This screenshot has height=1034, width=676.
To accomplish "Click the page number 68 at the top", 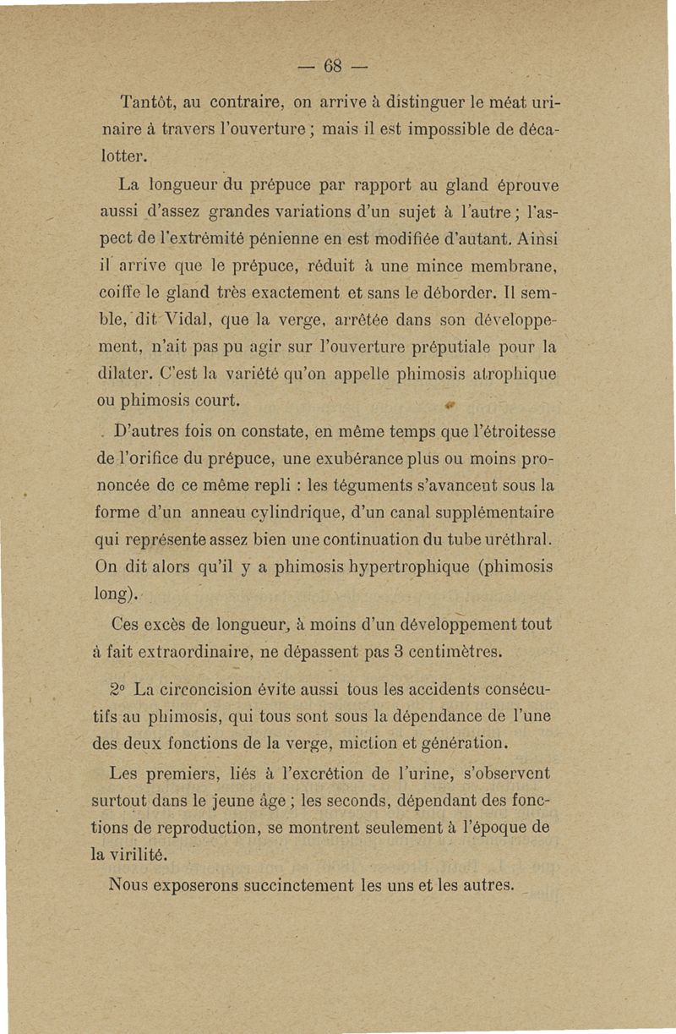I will click(336, 65).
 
